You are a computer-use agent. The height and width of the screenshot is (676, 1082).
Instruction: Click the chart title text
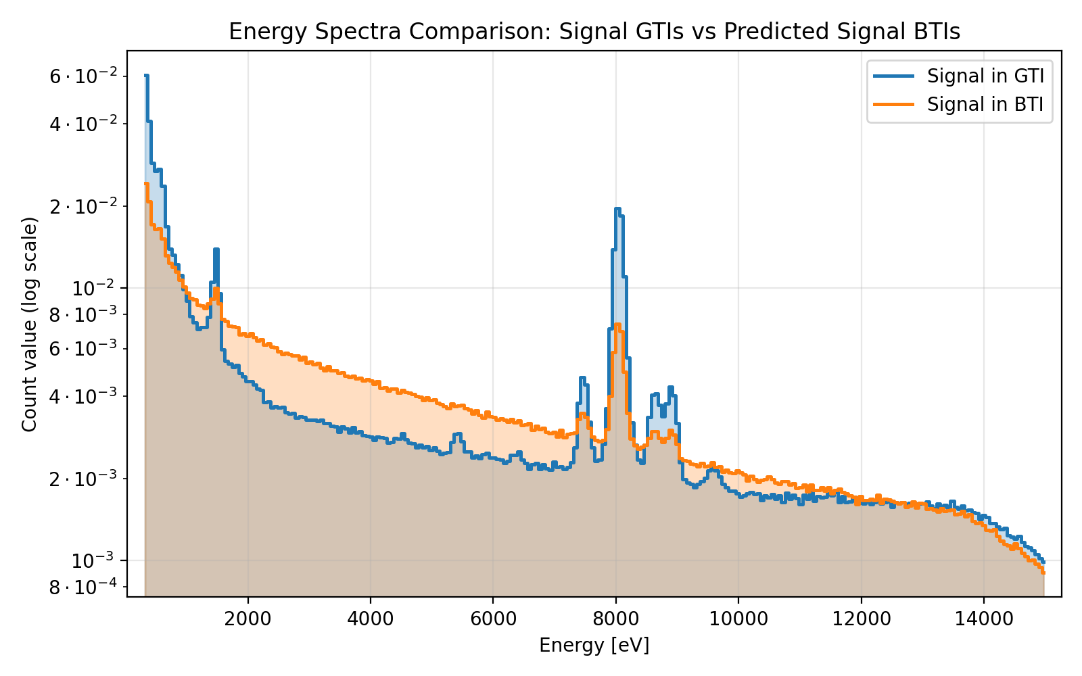pyautogui.click(x=594, y=32)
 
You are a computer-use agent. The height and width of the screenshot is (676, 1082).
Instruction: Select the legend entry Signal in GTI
pyautogui.click(x=985, y=76)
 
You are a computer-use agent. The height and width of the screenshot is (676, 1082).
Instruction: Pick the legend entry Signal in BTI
pyautogui.click(x=985, y=104)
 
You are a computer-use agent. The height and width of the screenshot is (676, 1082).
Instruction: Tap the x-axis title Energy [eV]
pyautogui.click(x=594, y=646)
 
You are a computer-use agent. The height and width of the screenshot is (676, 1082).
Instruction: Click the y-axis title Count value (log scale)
pyautogui.click(x=29, y=324)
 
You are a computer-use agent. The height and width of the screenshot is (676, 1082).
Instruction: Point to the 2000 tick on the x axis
pyautogui.click(x=248, y=619)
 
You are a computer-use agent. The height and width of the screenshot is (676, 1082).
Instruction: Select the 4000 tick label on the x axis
pyautogui.click(x=370, y=619)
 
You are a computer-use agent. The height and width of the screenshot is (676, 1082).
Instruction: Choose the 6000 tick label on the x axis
pyautogui.click(x=492, y=619)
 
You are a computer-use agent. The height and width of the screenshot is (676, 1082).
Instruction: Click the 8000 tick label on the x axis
pyautogui.click(x=615, y=619)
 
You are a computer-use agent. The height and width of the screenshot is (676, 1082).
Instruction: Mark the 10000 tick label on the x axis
pyautogui.click(x=738, y=619)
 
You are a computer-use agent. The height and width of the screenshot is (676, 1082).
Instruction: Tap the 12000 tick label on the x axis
pyautogui.click(x=860, y=619)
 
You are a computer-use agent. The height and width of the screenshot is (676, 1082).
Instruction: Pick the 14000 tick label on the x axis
pyautogui.click(x=983, y=619)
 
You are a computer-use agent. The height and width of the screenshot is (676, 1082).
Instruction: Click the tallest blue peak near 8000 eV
pyautogui.click(x=617, y=209)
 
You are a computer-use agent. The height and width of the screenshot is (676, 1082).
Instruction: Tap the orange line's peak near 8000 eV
pyautogui.click(x=617, y=325)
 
